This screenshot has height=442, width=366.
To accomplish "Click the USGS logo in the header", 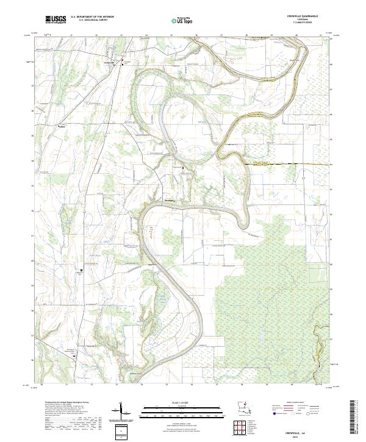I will tap(56, 20).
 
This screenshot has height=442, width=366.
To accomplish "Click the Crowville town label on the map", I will tap(110, 63).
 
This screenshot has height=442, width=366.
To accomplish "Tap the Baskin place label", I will tap(61, 126).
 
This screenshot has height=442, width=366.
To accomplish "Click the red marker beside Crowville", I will tap(122, 60).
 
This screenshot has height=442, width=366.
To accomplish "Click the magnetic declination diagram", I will tap(121, 412).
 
